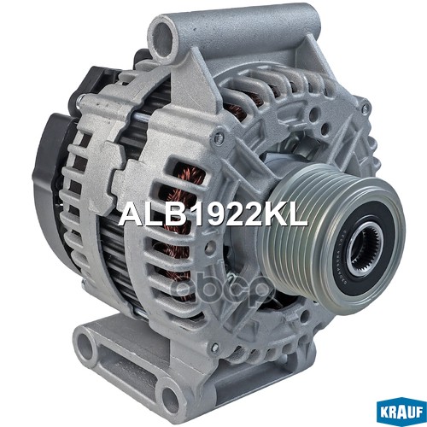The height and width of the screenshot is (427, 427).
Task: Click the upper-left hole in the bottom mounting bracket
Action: coord(85,343)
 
